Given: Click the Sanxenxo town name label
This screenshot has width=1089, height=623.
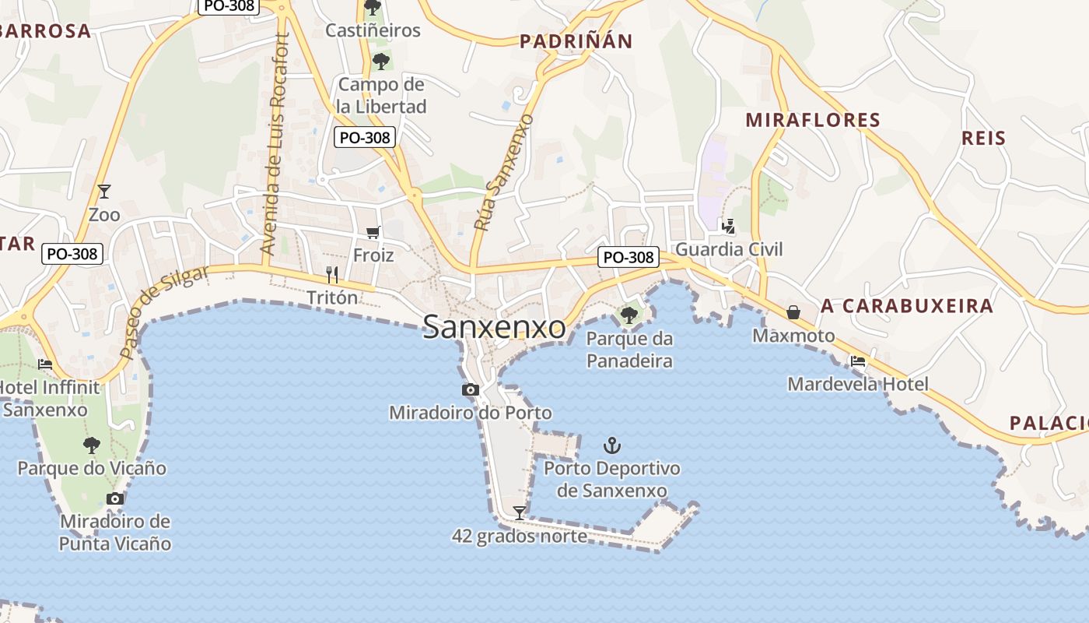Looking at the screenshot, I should coord(494,327).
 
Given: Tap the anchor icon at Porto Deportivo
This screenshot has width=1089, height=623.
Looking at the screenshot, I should coord(612,445).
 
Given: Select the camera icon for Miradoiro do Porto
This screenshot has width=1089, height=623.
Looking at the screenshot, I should coord(470,389).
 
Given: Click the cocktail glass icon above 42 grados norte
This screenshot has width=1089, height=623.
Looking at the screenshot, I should coord(520,512).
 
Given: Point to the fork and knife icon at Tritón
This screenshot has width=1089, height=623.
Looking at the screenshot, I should coord(332,274).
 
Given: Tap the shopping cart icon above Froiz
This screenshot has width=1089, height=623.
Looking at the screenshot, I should coord(373,232).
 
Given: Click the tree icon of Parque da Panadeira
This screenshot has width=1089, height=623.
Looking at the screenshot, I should coord(629,315).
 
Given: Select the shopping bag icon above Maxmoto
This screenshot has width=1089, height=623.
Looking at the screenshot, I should coord(793,312).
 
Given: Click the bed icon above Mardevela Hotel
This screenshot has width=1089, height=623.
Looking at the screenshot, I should coord(858,361).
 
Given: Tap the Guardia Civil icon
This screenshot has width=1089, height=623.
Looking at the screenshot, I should coord(729,227).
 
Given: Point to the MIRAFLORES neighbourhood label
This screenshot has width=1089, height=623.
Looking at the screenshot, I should coord(812,120).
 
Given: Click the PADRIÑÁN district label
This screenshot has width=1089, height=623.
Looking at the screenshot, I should coord(576,41).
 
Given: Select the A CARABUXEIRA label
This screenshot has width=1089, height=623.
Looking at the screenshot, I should coord(907,305).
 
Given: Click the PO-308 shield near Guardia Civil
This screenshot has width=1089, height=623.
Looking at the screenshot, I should coord(629,257).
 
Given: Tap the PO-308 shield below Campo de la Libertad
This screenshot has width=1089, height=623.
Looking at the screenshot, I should coord(366,138).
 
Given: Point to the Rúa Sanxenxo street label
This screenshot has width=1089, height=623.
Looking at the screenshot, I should coord(504,173).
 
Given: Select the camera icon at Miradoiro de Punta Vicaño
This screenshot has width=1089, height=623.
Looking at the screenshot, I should coord(115,498).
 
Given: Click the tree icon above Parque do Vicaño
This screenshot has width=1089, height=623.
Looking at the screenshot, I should coord(92,445).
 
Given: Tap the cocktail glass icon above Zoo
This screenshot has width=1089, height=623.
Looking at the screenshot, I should coord(103,191).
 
